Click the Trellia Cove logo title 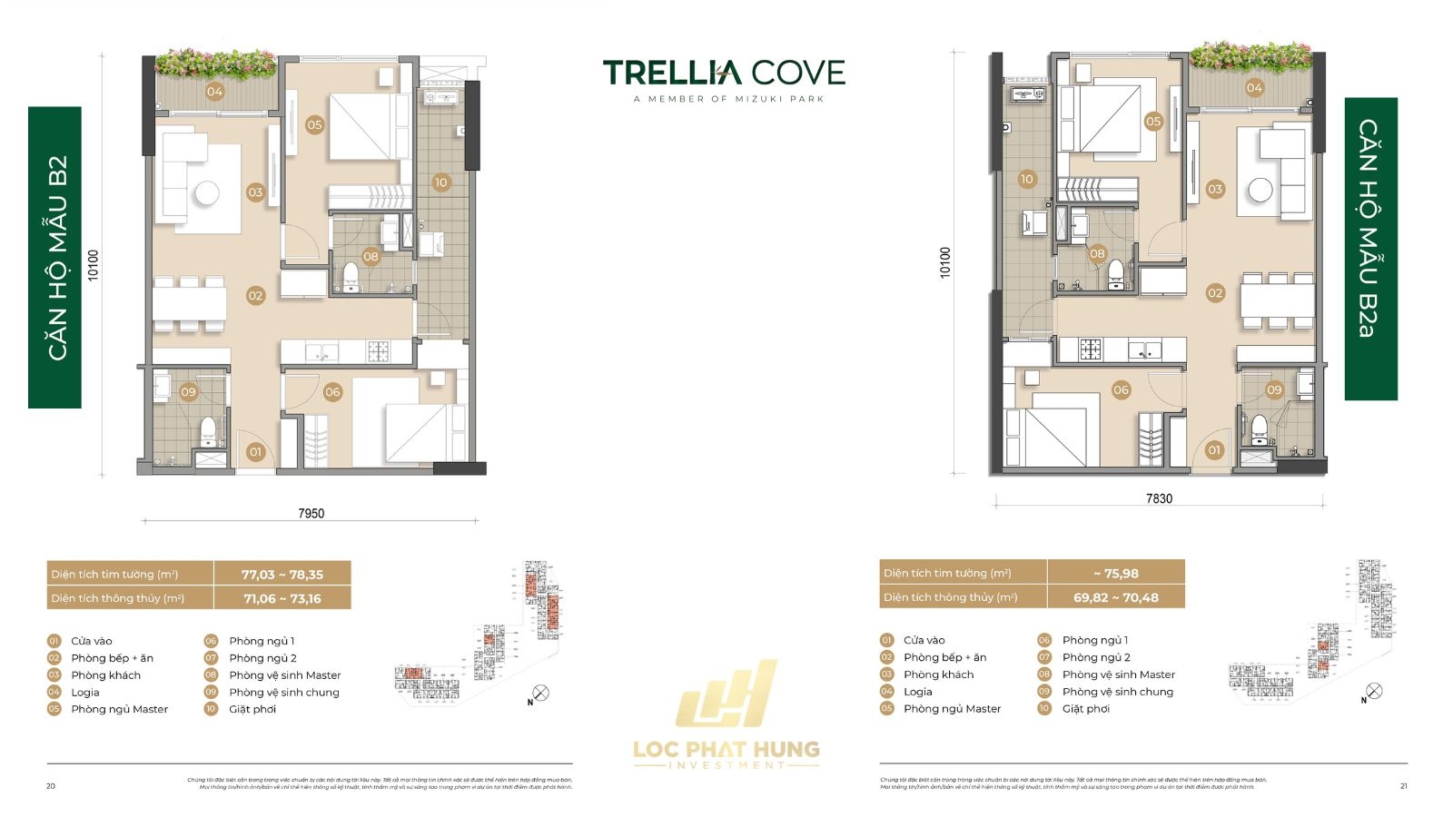coord(724,73)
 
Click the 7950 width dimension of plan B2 coord(311,513)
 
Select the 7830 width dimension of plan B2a coord(1159,498)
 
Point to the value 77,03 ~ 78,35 coord(282,575)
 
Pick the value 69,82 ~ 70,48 coord(1115,597)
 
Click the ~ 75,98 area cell coord(1115,574)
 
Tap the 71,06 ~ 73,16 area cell coord(282,598)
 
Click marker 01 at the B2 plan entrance coord(255,451)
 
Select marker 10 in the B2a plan coord(1026,179)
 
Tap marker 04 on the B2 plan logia coord(214,91)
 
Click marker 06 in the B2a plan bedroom coord(1121,389)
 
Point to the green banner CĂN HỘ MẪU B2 coord(55,258)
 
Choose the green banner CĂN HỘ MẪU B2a coord(1370,249)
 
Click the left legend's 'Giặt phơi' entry coord(252,709)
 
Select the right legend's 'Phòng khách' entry coord(938,674)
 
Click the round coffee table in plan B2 coord(207,192)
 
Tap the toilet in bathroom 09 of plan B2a coord(1260,426)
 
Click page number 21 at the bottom coord(1403,786)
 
